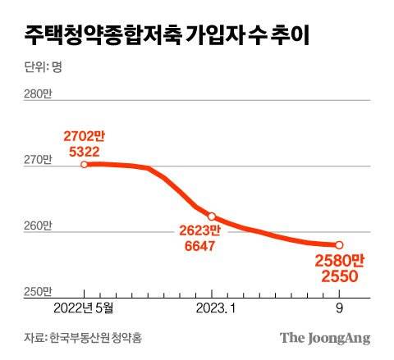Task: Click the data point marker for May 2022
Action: pyautogui.click(x=85, y=165)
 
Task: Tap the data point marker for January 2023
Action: pyautogui.click(x=212, y=216)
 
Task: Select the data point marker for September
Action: pyautogui.click(x=339, y=244)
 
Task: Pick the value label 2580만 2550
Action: pyautogui.click(x=338, y=270)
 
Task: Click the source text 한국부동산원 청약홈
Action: pyautogui.click(x=92, y=338)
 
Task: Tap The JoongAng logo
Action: pyautogui.click(x=325, y=338)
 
